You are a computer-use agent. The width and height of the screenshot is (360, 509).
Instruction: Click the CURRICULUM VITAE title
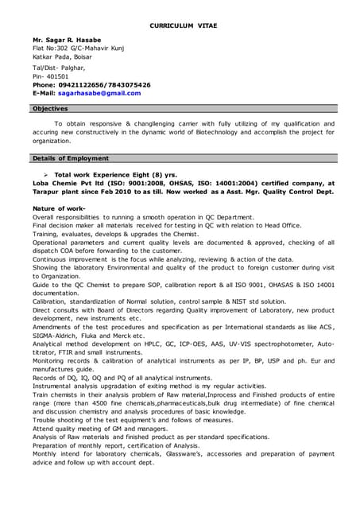click(x=184, y=26)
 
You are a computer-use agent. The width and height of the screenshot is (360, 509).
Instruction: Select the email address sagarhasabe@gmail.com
click(x=99, y=93)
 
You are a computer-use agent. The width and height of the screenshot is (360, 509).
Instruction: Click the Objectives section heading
click(x=50, y=108)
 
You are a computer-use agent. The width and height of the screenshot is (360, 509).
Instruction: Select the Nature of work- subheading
click(x=59, y=208)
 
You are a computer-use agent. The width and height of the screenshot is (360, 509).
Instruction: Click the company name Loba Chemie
click(x=56, y=183)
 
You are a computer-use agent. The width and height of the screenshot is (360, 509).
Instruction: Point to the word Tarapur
click(x=50, y=192)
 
